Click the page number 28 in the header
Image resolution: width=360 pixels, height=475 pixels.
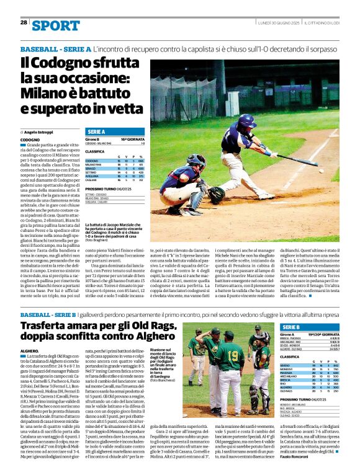pyautogui.click(x=24, y=22)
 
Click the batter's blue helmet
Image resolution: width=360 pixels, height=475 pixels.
pyautogui.click(x=246, y=120)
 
